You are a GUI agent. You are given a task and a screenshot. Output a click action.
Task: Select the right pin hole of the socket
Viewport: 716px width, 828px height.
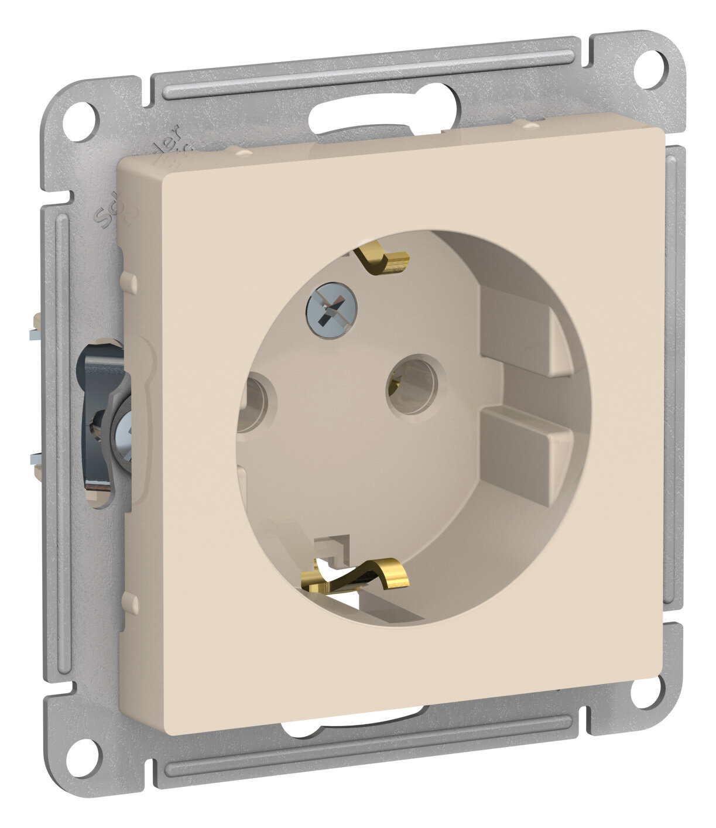point(409,386)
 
